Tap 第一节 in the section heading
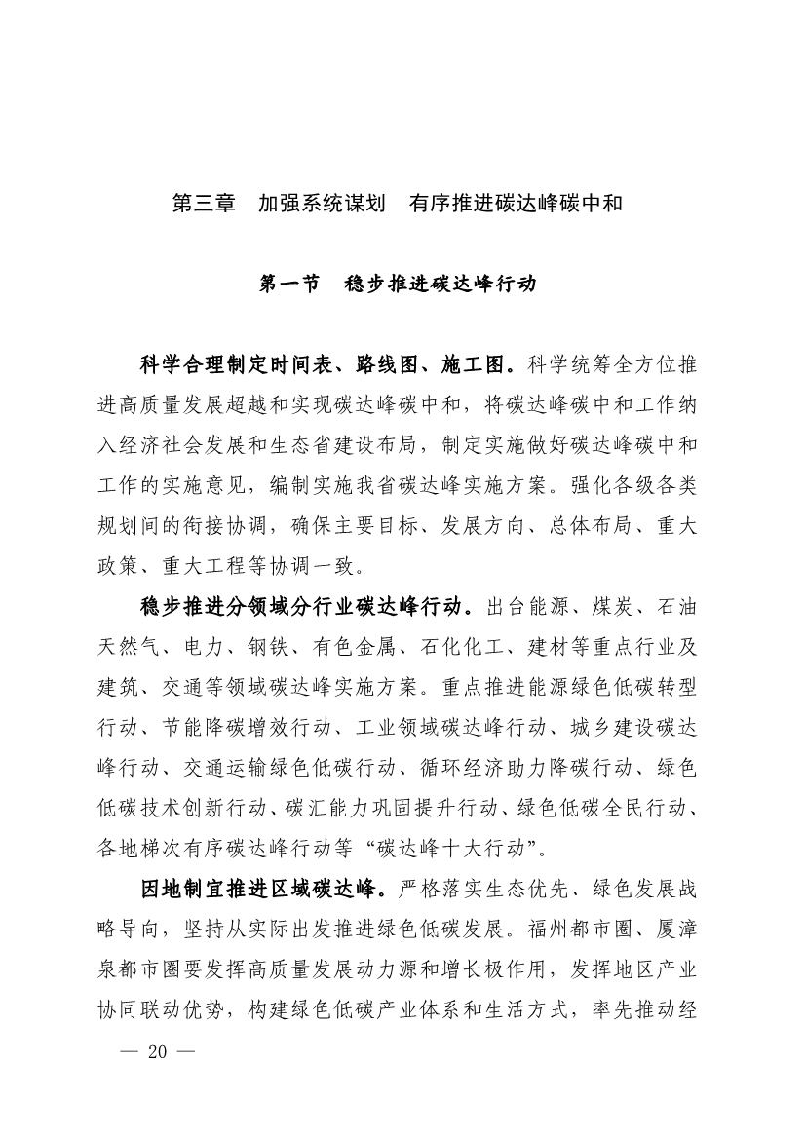290,285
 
